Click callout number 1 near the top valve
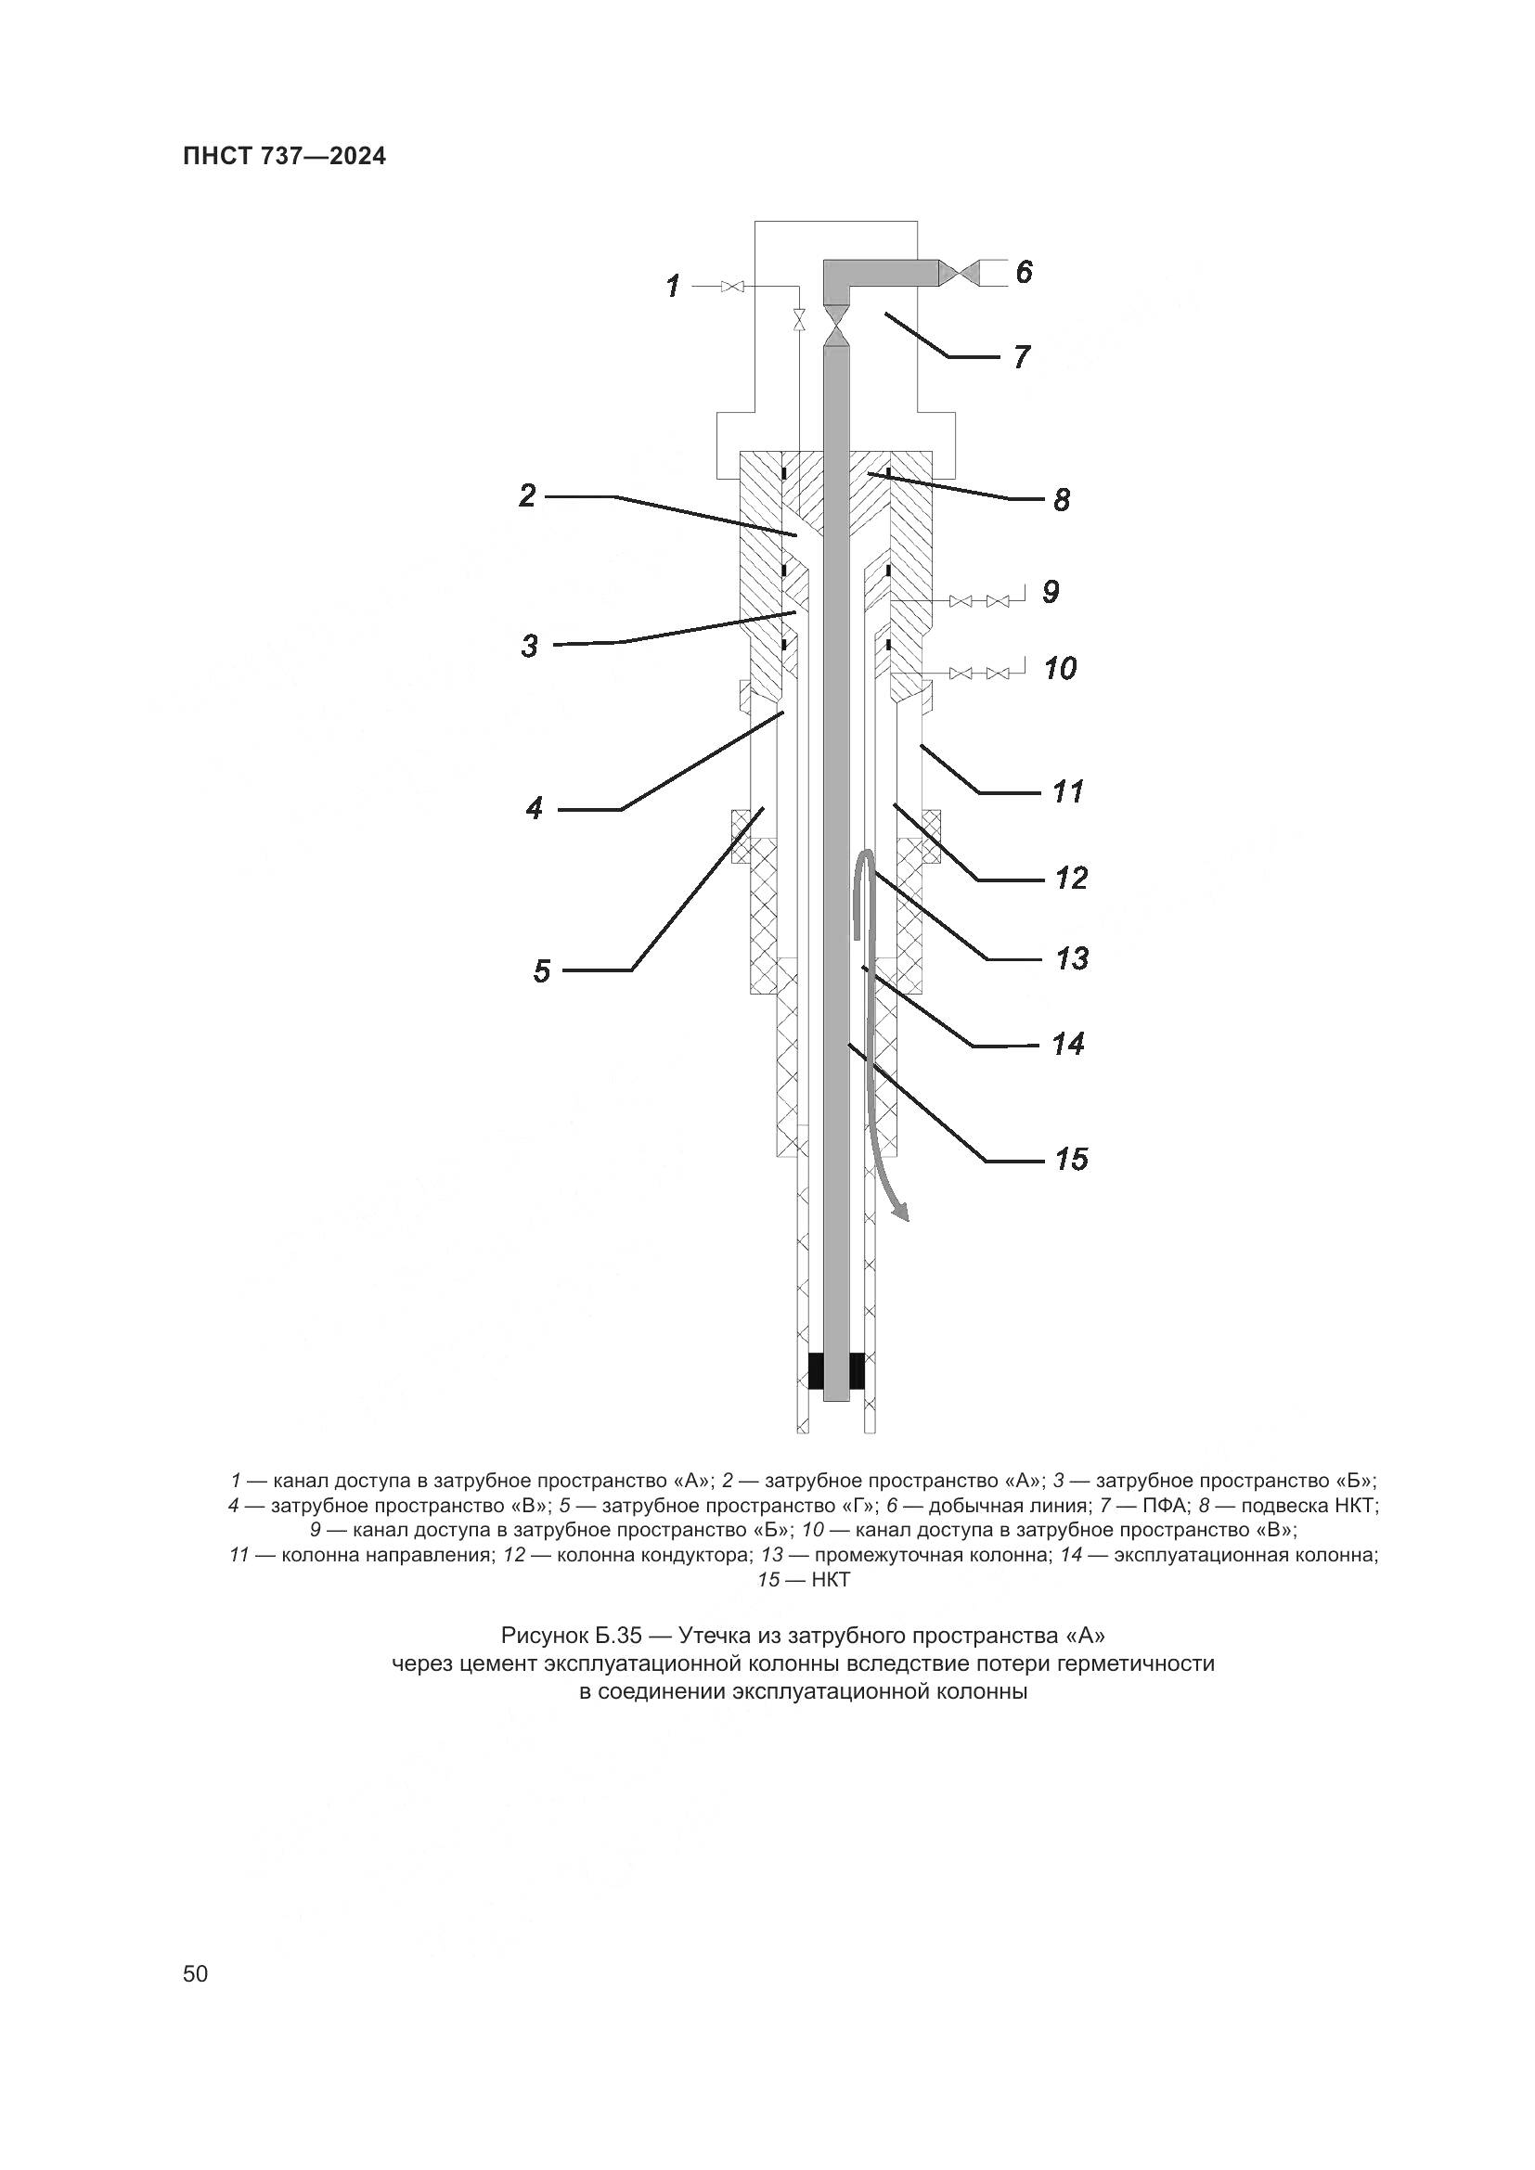click(x=673, y=286)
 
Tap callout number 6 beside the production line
click(x=1025, y=272)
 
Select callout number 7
click(x=1022, y=357)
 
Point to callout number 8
click(x=1062, y=500)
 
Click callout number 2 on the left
click(x=528, y=495)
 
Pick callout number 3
click(x=529, y=647)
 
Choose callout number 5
click(x=542, y=971)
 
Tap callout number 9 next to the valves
click(x=1051, y=593)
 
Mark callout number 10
click(x=1061, y=669)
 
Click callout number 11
click(x=1068, y=791)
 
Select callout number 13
click(x=1073, y=959)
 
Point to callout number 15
click(x=1073, y=1159)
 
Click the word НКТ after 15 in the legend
click(x=831, y=1579)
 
